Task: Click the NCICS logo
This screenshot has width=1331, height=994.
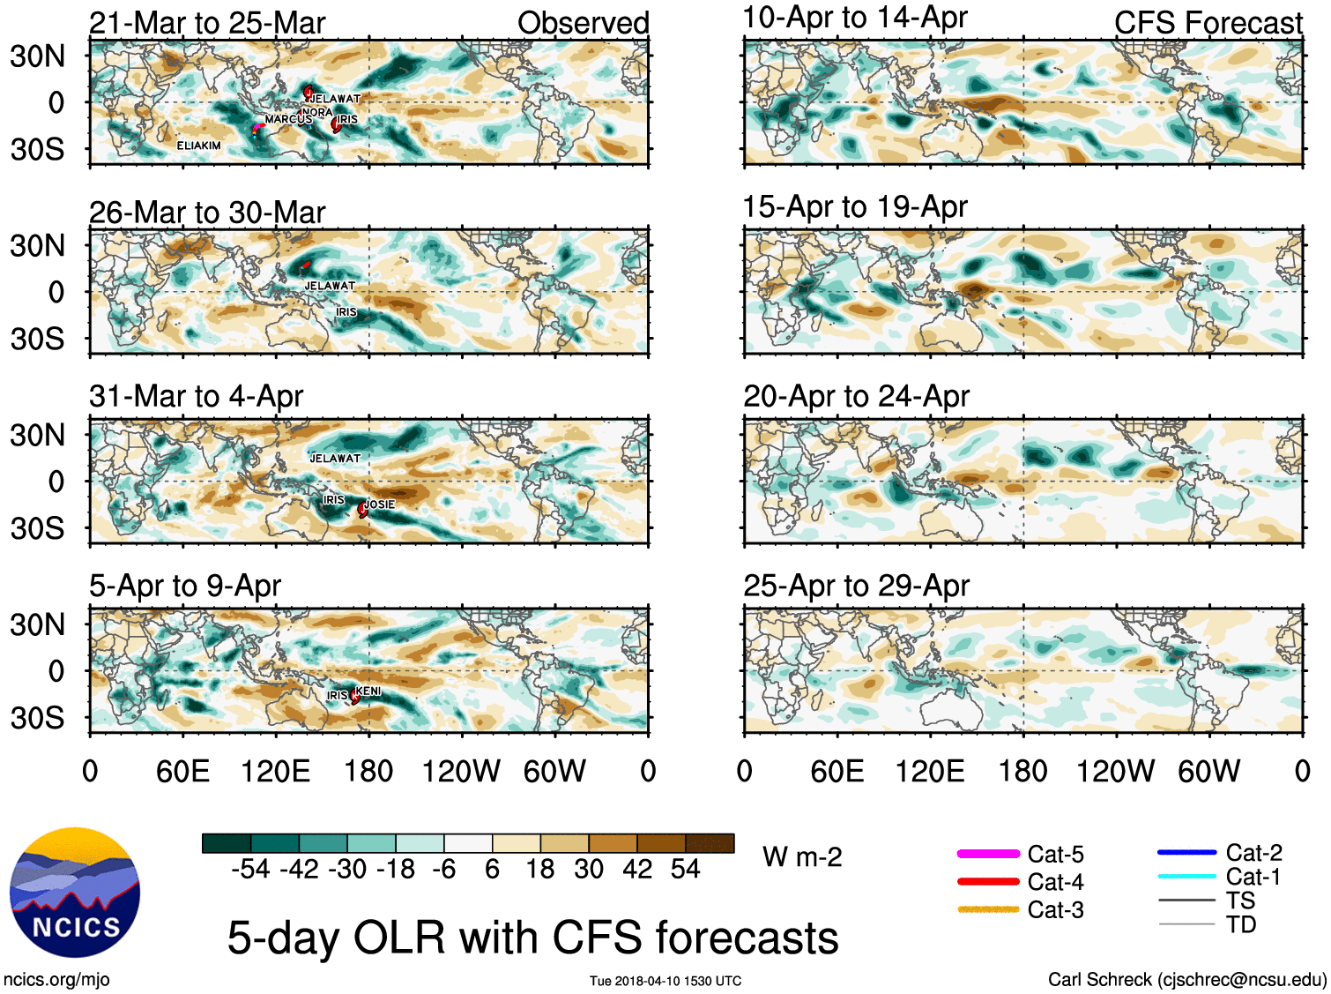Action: point(75,892)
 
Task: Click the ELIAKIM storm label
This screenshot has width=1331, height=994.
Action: point(199,146)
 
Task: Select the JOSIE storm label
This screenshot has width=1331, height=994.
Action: point(380,504)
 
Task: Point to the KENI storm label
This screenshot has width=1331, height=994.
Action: point(368,691)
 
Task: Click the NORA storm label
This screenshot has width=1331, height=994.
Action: point(317,112)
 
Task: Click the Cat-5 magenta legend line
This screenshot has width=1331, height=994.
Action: point(988,854)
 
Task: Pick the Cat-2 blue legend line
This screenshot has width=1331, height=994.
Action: point(1186,852)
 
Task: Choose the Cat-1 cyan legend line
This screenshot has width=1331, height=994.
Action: point(1186,877)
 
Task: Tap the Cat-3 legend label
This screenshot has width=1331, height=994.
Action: point(1055,909)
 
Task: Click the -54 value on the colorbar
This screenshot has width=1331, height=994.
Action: point(250,870)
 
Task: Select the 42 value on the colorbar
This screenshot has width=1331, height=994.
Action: point(637,870)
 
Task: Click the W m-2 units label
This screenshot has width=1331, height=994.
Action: point(802,857)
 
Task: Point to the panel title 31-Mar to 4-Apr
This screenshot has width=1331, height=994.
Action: point(196,397)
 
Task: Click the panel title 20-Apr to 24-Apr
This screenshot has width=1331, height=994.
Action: point(856,397)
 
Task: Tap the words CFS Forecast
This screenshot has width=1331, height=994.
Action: point(1208,23)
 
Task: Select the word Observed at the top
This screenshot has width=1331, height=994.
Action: point(583,23)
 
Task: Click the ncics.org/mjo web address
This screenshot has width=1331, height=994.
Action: point(56,979)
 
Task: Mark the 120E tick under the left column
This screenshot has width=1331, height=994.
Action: point(276,772)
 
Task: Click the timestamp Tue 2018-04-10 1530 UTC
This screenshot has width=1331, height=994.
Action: point(665,981)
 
